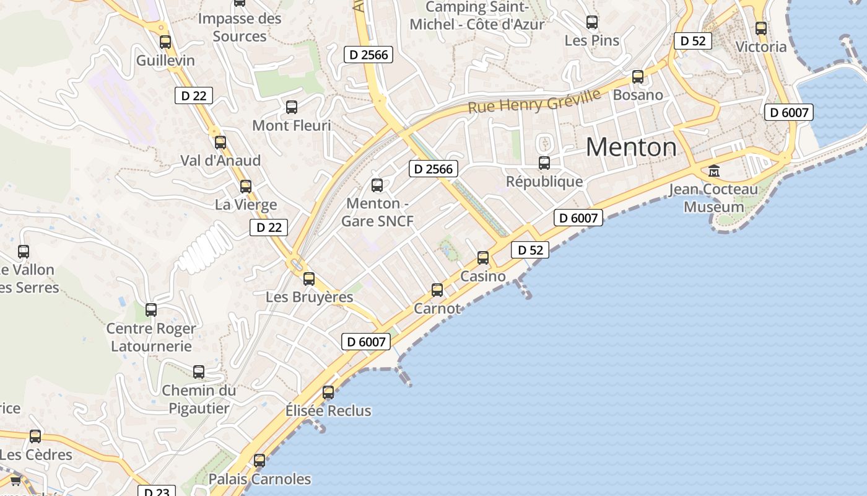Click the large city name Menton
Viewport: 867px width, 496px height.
tap(631, 148)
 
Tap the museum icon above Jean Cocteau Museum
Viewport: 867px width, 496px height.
tap(714, 170)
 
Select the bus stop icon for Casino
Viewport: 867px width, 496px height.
tap(483, 258)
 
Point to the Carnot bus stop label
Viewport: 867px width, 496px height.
tap(437, 308)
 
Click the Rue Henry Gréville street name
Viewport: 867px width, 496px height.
tap(534, 101)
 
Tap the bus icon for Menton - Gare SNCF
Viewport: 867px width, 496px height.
tap(377, 185)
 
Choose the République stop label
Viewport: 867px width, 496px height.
tap(544, 181)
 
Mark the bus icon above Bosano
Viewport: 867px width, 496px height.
tap(638, 77)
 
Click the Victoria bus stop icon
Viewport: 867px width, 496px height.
tap(761, 29)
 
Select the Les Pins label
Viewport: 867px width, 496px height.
tap(592, 40)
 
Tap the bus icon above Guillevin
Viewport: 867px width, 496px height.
tap(165, 42)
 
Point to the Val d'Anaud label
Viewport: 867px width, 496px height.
tap(220, 161)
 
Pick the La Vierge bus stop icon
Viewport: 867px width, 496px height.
tap(246, 186)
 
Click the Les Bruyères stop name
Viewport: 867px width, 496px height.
tap(309, 297)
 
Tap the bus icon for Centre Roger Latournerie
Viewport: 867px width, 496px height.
tap(151, 310)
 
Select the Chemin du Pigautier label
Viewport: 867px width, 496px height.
tap(199, 399)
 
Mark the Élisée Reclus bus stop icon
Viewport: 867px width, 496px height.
tap(328, 392)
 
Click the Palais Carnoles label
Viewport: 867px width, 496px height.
tap(259, 479)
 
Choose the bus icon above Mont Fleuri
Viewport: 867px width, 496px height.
tap(292, 107)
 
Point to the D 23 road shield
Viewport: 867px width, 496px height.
tap(156, 492)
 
